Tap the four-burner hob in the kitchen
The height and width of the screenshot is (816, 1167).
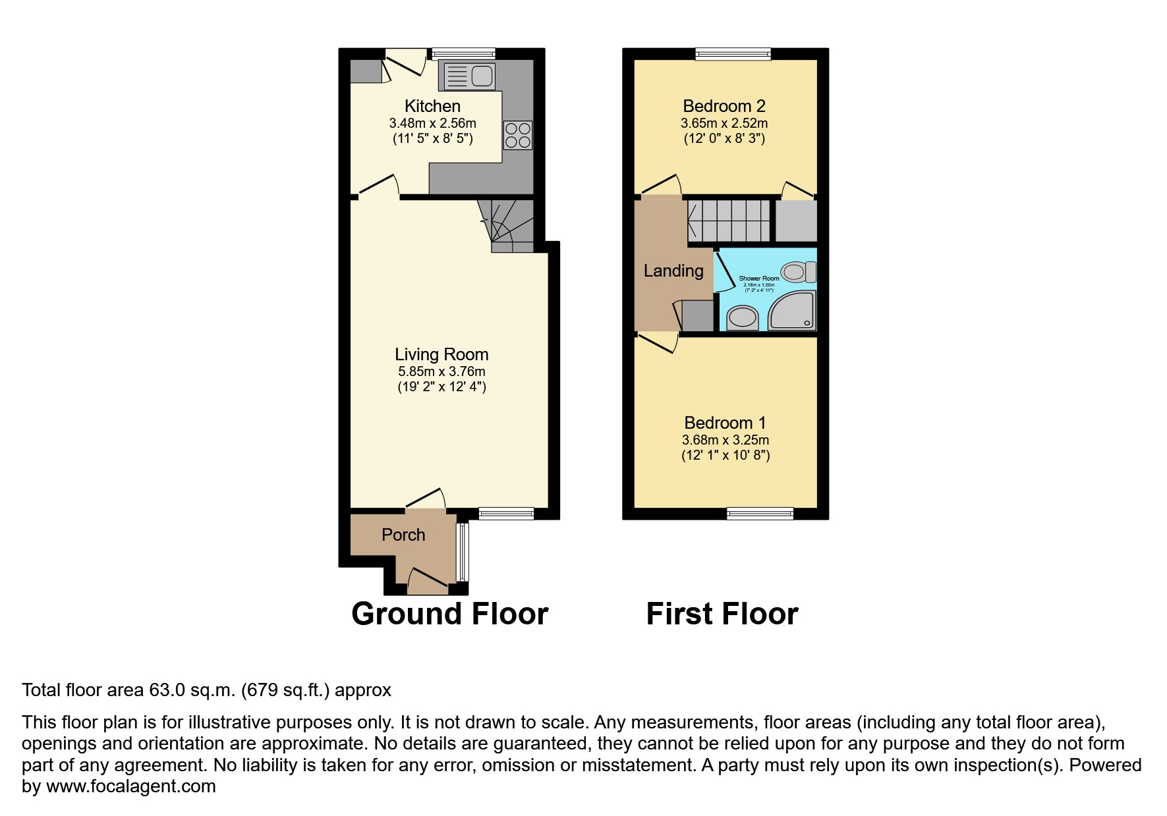517,135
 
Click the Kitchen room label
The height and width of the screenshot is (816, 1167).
432,106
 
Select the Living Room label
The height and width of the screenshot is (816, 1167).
441,354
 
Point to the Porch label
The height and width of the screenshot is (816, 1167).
403,535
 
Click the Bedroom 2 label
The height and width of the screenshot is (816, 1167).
724,106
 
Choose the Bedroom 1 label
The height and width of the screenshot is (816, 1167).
725,423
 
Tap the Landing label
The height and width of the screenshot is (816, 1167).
673,271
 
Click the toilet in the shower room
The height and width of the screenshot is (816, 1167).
799,271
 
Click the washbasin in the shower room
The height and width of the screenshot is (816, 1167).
743,318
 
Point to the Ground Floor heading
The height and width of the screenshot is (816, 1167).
449,614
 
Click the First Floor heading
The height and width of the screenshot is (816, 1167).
722,614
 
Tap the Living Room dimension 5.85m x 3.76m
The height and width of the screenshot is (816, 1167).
441,371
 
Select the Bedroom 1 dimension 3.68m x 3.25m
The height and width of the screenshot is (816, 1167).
725,440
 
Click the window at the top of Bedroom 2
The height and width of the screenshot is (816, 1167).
733,54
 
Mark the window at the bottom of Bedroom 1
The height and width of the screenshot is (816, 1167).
760,514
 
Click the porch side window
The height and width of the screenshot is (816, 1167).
462,551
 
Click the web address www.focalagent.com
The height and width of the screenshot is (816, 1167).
131,786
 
